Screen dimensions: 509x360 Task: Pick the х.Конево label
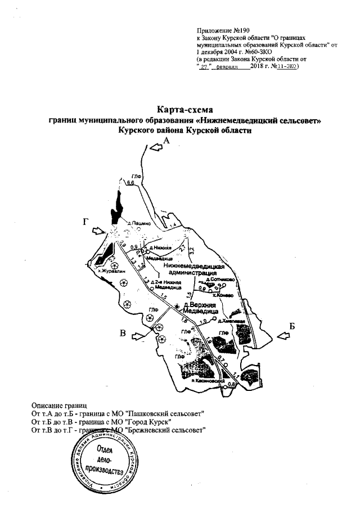(x=224, y=294)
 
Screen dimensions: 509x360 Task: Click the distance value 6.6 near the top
(x=130, y=183)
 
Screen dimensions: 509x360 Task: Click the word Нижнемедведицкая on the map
(x=195, y=265)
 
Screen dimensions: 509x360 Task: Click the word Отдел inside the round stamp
(x=105, y=451)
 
